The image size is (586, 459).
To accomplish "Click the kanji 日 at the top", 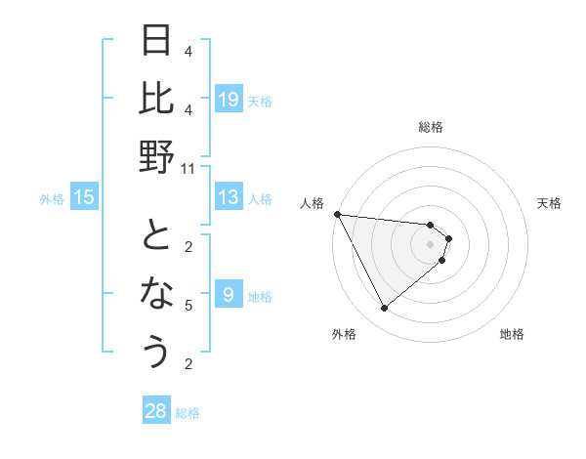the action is (156, 41).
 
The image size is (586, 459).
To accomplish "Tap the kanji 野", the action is (156, 155).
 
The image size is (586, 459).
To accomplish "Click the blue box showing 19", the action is (229, 99).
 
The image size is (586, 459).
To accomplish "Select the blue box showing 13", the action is (229, 197).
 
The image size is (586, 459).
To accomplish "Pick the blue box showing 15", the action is (84, 197).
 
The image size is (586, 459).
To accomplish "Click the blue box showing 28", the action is (156, 411).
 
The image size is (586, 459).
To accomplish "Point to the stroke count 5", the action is (188, 306).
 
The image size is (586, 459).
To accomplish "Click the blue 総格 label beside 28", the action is (188, 413).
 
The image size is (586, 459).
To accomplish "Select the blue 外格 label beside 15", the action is (52, 199).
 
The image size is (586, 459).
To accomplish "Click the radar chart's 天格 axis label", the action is (550, 203).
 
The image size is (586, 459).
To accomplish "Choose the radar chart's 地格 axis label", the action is (512, 334).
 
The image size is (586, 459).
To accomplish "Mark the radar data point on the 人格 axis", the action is (337, 214).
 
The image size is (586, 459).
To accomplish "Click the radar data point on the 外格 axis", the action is (384, 309).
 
